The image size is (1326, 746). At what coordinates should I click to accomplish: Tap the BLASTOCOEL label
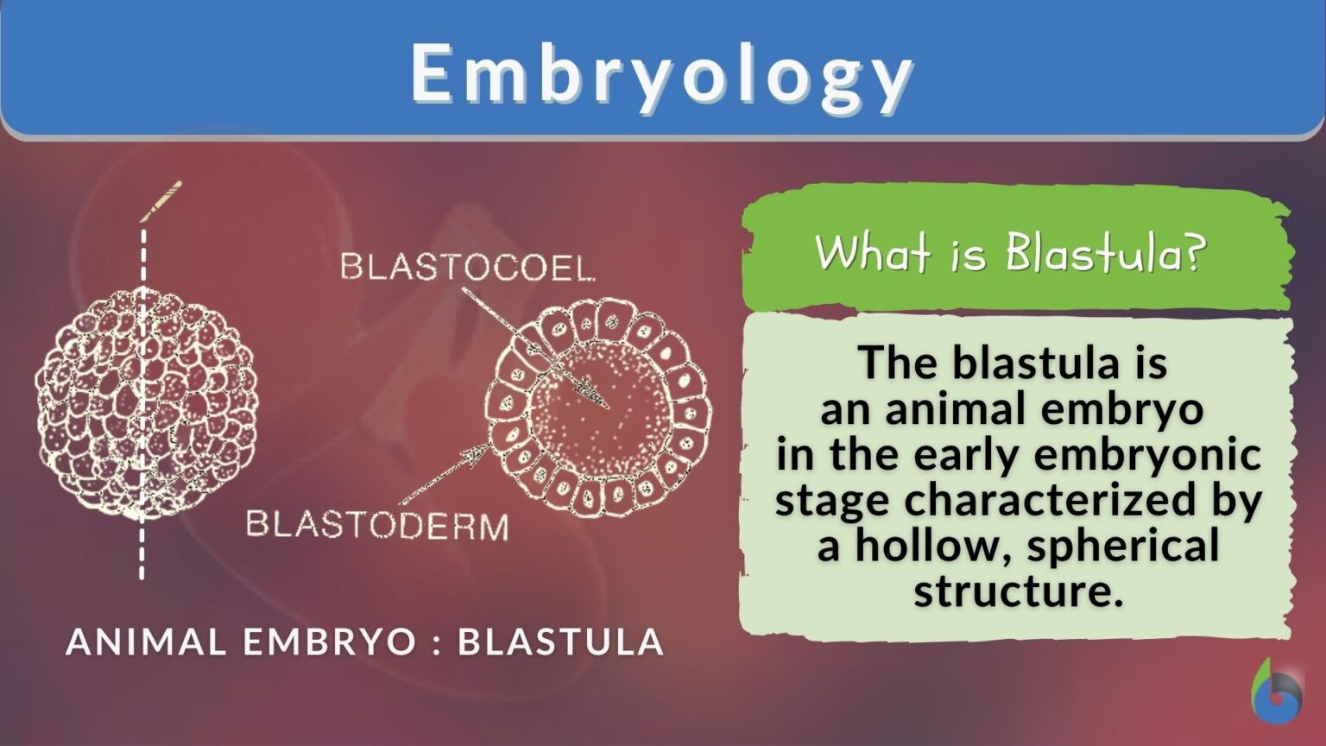(x=467, y=267)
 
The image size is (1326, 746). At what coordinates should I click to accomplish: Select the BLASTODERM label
(x=377, y=525)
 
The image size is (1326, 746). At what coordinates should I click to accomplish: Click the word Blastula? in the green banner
(x=1104, y=253)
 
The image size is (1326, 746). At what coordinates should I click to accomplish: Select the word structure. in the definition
(x=1019, y=591)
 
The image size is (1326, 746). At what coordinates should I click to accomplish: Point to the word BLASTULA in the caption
(x=560, y=642)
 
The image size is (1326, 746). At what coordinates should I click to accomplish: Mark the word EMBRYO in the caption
(x=317, y=642)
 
